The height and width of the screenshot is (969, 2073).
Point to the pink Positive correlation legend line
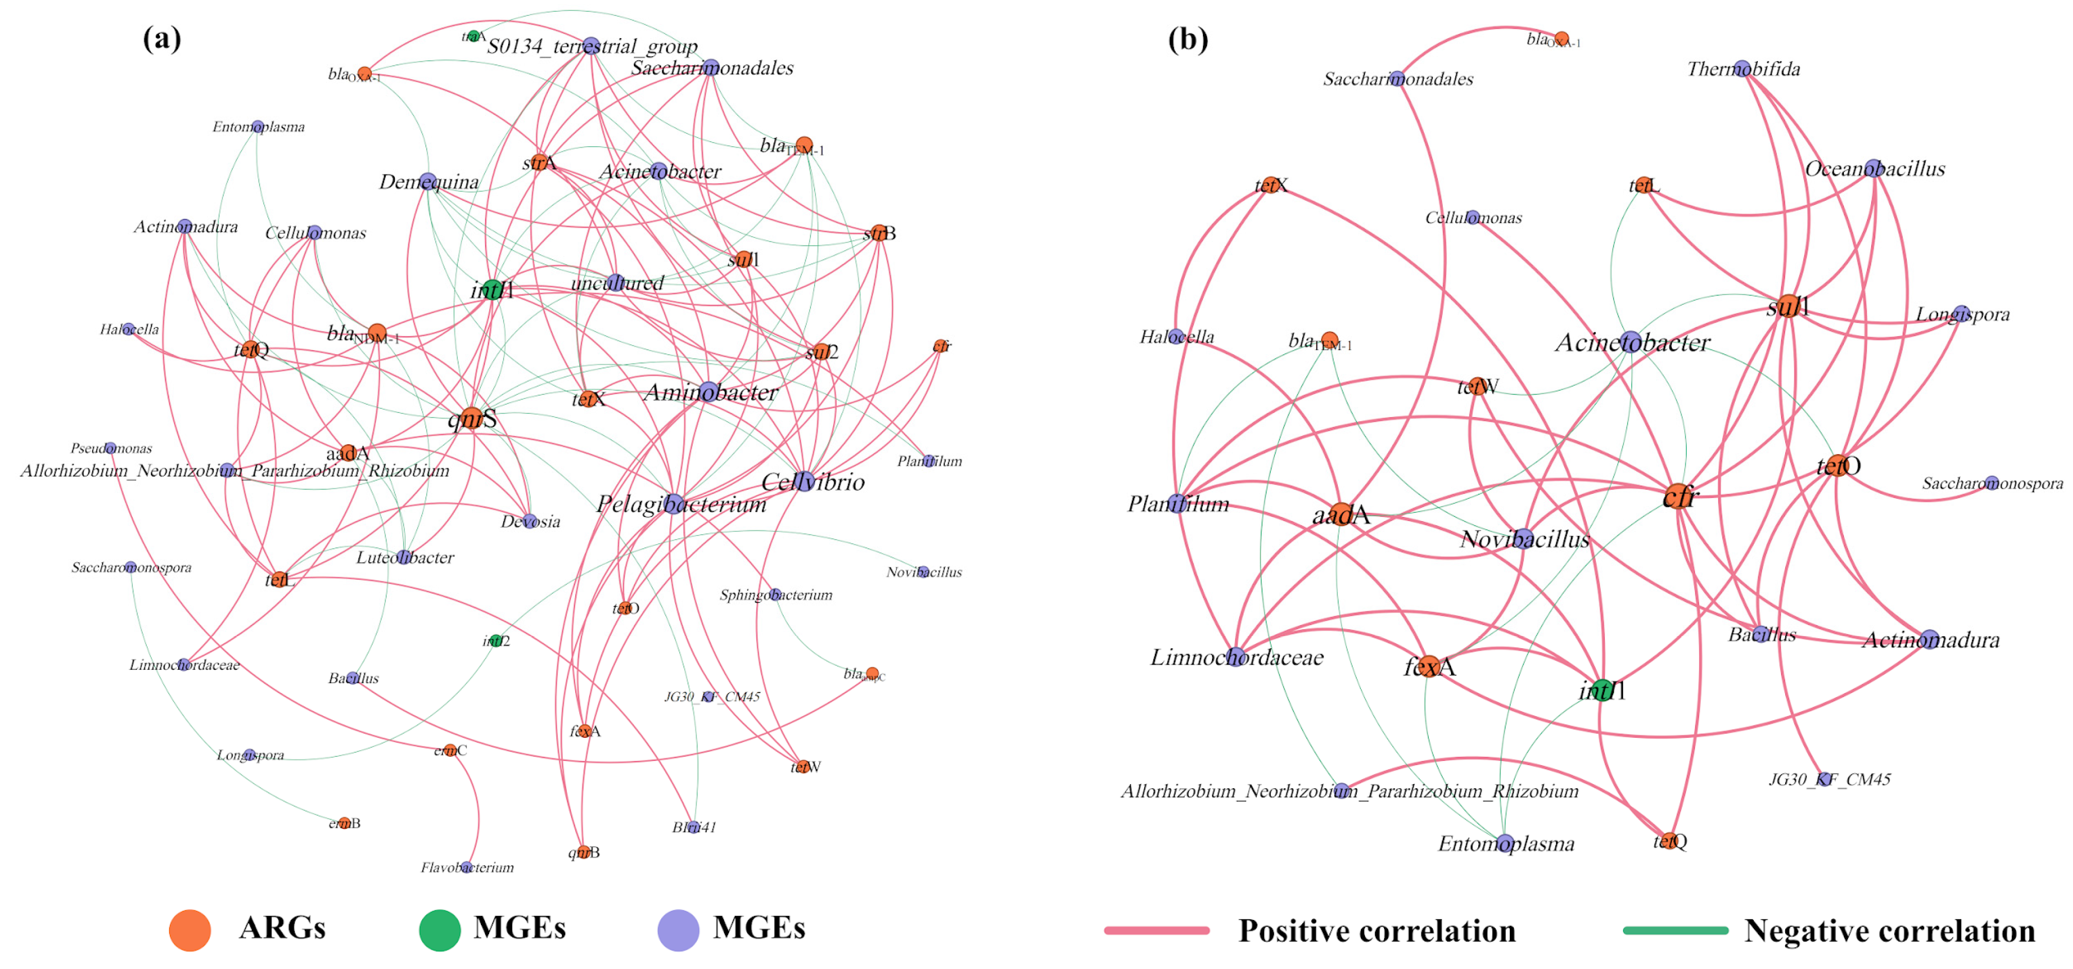click(x=1156, y=930)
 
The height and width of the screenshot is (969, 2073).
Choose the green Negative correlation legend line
click(x=1675, y=930)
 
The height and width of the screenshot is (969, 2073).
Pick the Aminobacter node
click(x=708, y=392)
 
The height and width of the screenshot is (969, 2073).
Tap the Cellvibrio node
click(x=804, y=481)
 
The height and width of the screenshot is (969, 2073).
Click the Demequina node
click(x=428, y=181)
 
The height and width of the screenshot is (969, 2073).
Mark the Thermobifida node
click(x=1742, y=68)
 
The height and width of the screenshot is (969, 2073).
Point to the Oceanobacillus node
click(x=1873, y=168)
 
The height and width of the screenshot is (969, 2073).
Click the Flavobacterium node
click(x=467, y=867)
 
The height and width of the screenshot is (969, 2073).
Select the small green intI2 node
click(x=496, y=641)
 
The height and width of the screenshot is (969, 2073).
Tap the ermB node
click(x=344, y=823)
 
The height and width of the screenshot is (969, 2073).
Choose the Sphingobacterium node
click(x=774, y=594)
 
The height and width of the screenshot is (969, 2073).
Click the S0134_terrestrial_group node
click(x=592, y=46)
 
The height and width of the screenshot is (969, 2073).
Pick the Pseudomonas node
click(x=111, y=447)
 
